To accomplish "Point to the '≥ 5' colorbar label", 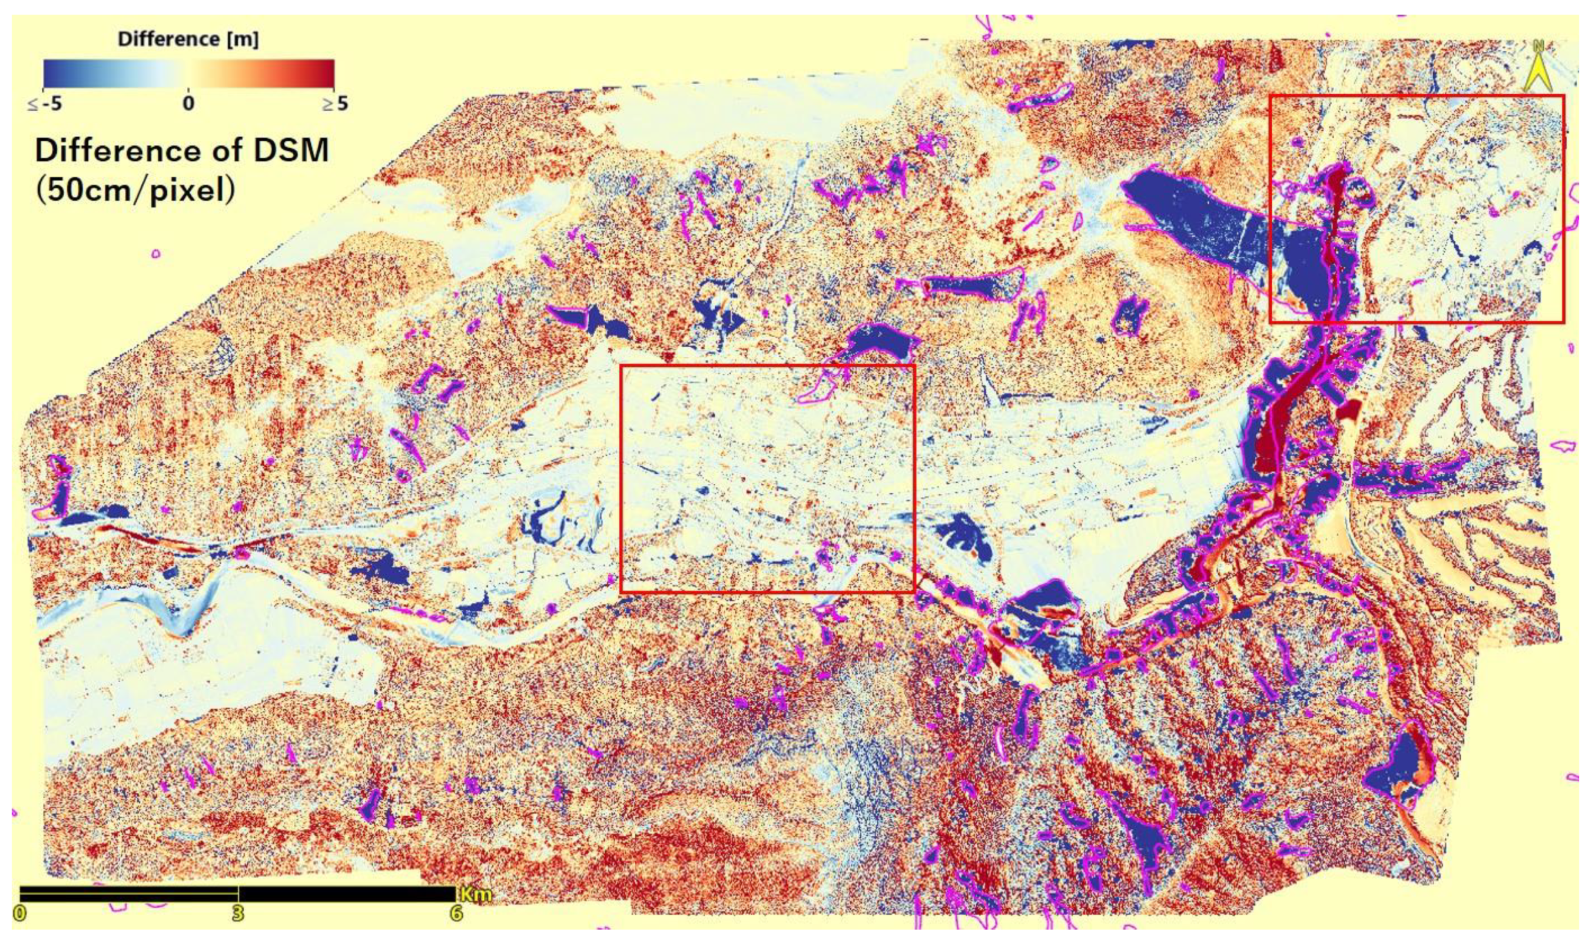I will (x=334, y=103).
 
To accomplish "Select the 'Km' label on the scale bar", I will (x=475, y=895).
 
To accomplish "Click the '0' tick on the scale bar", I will (x=22, y=914).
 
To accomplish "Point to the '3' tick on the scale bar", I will (x=238, y=914).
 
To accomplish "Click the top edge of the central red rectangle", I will (x=767, y=366).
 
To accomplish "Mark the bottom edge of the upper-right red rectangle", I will (x=1417, y=323).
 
